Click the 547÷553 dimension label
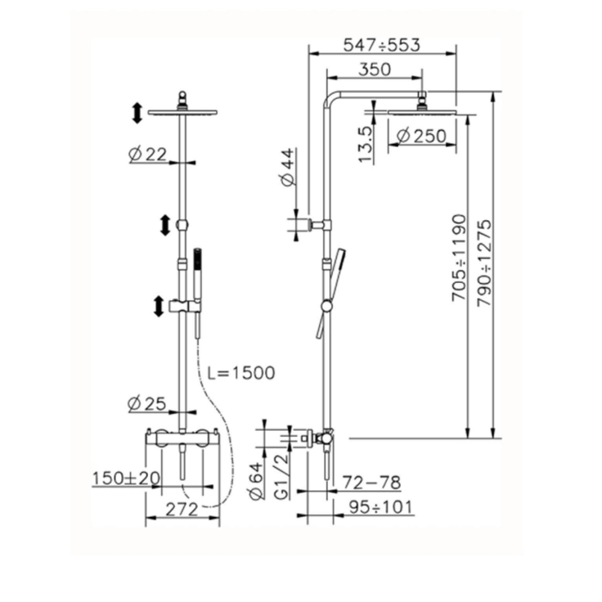coord(381,45)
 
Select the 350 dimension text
coord(375,69)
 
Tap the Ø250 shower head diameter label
coord(421,136)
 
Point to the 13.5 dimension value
coord(365,144)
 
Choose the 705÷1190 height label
coord(459,257)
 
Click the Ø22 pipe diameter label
coord(148,155)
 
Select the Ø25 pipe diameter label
coord(148,404)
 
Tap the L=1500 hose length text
coord(241,373)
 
